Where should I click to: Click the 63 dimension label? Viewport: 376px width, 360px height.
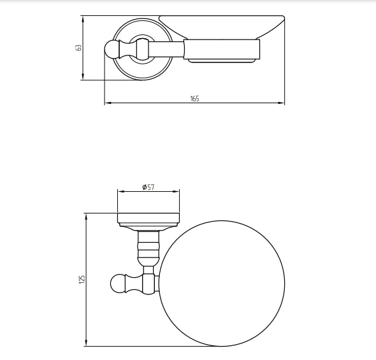coord(78,47)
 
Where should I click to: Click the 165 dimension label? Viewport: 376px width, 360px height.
coord(195,99)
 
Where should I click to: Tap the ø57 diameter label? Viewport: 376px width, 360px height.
coord(148,187)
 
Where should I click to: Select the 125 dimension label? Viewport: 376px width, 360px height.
coord(82,280)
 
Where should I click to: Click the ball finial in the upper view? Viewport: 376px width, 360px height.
coord(112,50)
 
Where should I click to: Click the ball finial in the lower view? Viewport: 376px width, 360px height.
coord(117,284)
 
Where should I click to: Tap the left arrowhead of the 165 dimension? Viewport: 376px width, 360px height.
coord(108,103)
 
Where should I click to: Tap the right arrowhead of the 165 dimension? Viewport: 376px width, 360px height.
coord(281,103)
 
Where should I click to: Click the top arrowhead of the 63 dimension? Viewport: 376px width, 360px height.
coord(83,19)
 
